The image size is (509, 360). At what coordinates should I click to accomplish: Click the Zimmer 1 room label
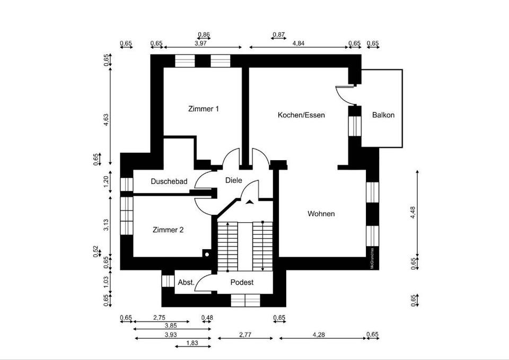[204, 109]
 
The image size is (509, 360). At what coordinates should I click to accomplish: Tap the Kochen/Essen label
[301, 115]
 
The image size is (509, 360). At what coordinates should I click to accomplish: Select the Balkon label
[383, 115]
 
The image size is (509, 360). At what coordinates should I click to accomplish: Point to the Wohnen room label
[321, 214]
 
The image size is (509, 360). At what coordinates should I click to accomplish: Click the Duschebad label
[169, 181]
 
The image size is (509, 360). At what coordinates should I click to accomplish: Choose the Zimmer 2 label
[168, 230]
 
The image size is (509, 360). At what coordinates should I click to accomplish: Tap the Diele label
[233, 180]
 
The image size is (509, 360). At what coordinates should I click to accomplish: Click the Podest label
[242, 283]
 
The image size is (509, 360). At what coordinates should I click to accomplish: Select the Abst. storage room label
[186, 283]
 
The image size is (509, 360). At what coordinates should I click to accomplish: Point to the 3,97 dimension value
[201, 43]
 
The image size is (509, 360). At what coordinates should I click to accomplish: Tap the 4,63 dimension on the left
[106, 119]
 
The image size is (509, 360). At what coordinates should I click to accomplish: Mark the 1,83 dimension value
[192, 344]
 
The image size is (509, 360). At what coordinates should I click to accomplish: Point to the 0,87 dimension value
[278, 35]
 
